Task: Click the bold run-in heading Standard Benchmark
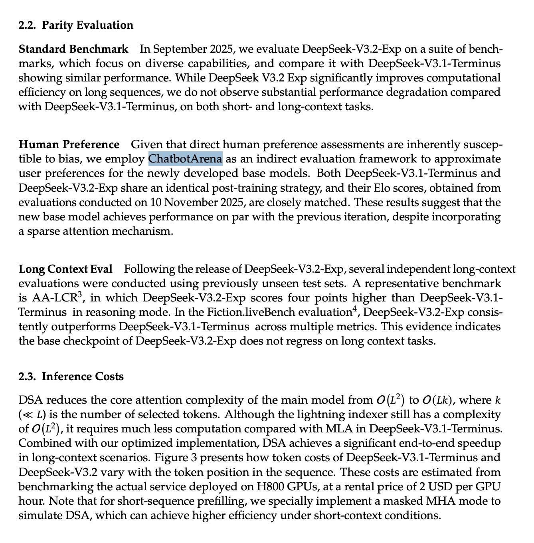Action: tap(73, 49)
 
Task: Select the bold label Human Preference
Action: tap(69, 145)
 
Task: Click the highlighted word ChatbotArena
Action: tap(185, 159)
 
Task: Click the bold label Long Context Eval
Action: tap(65, 270)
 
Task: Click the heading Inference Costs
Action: tap(83, 377)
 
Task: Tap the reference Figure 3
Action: tap(175, 458)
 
